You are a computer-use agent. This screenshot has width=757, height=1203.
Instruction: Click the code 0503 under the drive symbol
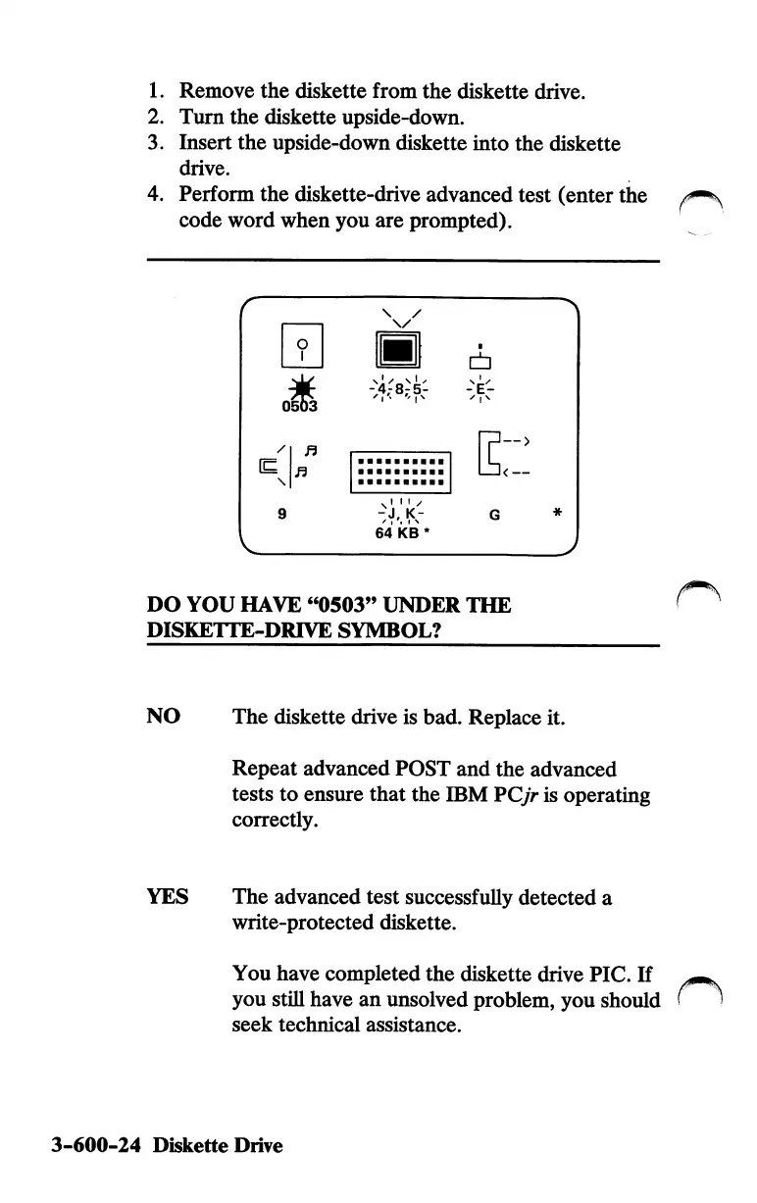(x=291, y=406)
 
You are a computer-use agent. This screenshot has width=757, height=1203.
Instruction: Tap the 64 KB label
(x=396, y=533)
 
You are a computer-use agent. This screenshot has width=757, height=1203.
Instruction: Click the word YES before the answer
(x=168, y=896)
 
